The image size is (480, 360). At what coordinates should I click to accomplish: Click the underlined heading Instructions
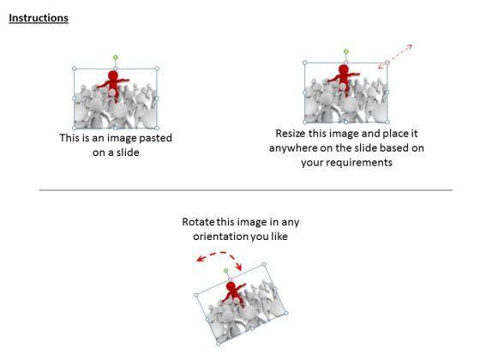(x=39, y=18)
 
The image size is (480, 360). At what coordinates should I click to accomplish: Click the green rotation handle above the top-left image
(x=116, y=57)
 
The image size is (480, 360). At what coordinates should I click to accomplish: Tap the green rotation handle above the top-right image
(x=346, y=51)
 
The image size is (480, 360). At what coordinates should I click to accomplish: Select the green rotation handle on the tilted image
(x=226, y=271)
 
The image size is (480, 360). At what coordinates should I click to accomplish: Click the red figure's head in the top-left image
(x=113, y=75)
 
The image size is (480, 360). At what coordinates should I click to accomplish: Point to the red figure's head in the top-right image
(x=344, y=69)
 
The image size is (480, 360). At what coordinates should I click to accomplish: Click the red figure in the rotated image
(x=233, y=294)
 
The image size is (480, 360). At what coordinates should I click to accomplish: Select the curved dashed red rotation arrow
(x=219, y=254)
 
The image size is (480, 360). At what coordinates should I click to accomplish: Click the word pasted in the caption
(x=155, y=138)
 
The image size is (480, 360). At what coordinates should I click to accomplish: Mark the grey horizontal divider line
(x=246, y=190)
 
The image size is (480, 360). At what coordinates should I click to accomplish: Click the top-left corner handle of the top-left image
(x=75, y=69)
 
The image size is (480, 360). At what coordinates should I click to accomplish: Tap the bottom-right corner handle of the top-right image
(x=387, y=122)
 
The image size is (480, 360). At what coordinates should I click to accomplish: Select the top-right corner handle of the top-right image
(x=387, y=63)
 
